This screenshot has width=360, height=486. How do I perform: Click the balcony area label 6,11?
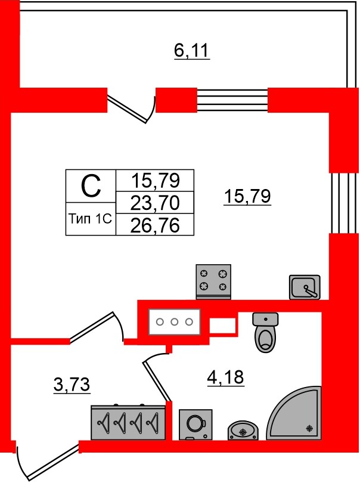tap(192, 51)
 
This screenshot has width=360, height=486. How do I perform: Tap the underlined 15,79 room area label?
tap(247, 196)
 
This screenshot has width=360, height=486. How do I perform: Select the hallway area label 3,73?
tap(72, 385)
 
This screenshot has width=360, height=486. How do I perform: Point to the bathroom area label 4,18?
tap(225, 377)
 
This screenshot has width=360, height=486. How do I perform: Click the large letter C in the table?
tap(91, 186)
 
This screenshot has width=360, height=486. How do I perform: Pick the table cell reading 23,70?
tap(155, 203)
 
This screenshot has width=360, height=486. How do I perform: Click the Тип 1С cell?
tap(90, 219)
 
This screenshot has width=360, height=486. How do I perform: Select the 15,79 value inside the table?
tap(156, 181)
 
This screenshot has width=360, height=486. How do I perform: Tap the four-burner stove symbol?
tap(213, 281)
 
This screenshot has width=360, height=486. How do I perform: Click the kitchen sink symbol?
tap(305, 287)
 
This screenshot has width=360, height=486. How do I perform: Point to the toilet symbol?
tap(265, 332)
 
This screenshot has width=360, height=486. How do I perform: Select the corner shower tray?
tap(294, 413)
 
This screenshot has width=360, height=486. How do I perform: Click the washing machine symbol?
tap(196, 425)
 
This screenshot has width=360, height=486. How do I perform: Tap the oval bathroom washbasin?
tap(243, 430)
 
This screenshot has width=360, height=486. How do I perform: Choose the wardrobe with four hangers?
tap(128, 422)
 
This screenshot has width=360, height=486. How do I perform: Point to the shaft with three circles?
tap(175, 322)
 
